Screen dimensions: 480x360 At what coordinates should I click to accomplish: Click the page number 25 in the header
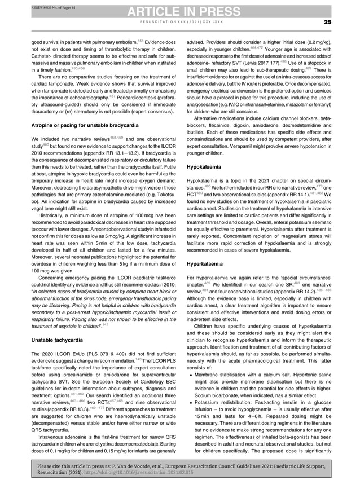click(x=327, y=22)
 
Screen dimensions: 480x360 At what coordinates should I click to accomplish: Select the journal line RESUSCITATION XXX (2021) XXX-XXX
click(x=179, y=22)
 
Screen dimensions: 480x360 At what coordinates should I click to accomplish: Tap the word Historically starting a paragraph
click(x=54, y=215)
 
